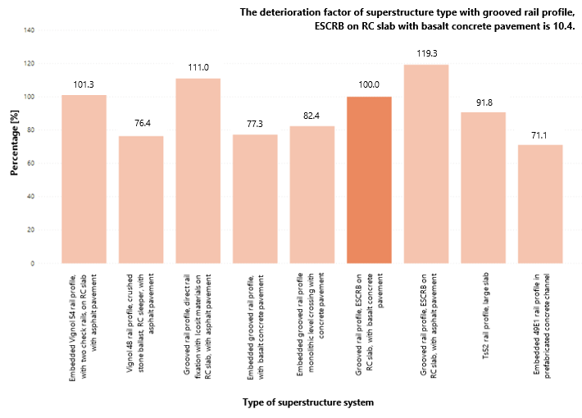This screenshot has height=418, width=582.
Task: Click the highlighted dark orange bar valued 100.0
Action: (369, 180)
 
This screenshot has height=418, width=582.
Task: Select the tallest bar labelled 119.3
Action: (426, 164)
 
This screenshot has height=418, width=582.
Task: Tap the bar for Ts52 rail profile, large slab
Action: (483, 188)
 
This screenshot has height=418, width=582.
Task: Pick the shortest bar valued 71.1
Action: (540, 204)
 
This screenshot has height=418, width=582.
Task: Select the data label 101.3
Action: (84, 84)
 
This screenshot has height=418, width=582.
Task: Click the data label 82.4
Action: (312, 116)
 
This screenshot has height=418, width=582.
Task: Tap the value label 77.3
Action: (255, 124)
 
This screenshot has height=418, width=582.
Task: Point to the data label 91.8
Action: (483, 102)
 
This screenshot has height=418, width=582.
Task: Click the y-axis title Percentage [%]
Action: (14, 148)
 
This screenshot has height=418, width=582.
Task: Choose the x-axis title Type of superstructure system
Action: (308, 402)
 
